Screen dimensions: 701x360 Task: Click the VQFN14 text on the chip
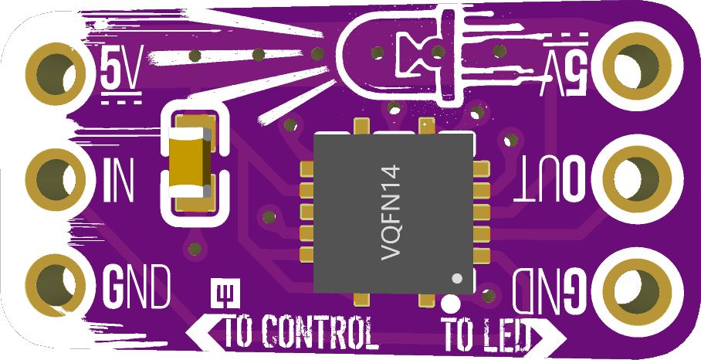390,212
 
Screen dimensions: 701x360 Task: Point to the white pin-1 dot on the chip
456,278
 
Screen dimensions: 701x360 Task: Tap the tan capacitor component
189,162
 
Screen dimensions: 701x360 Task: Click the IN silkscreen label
118,179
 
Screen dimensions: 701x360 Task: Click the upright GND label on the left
137,286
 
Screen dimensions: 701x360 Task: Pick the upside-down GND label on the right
550,291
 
